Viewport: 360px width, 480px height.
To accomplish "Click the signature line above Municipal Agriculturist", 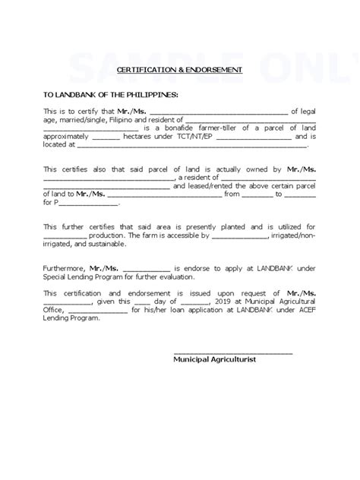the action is click(233, 352).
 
